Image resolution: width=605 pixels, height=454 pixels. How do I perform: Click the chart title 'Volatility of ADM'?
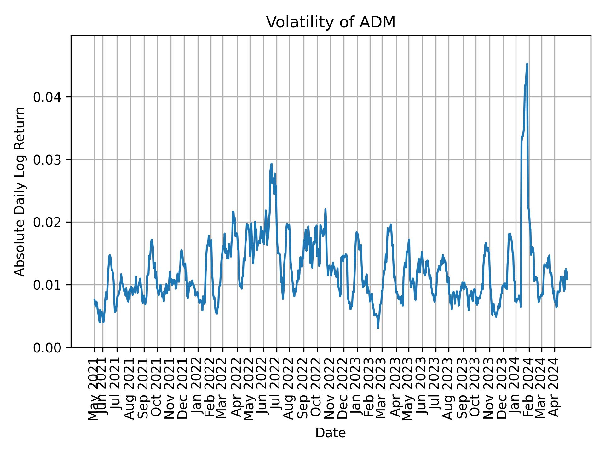(x=331, y=23)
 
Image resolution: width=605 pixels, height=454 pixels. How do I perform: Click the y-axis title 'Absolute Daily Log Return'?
(x=20, y=191)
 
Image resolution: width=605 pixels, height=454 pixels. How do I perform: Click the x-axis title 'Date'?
(x=331, y=433)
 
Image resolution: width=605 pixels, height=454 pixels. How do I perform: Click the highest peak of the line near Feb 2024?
(x=527, y=64)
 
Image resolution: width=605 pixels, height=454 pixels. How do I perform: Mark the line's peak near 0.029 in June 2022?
(x=271, y=164)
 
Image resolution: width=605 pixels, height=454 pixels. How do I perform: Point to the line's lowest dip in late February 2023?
(x=378, y=328)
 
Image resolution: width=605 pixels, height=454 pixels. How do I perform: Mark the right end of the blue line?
(x=567, y=279)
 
